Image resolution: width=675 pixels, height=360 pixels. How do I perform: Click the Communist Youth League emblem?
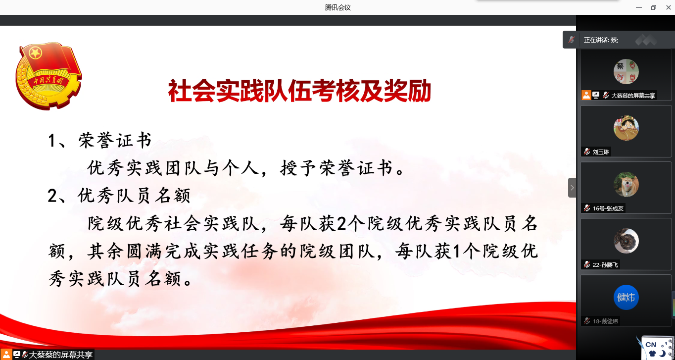pos(48,76)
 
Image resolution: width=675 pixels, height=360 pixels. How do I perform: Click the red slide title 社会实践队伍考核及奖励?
pos(299,91)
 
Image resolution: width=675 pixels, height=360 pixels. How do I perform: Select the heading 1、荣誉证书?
pos(100,140)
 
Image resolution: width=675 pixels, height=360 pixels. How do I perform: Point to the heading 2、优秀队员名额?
pos(119,196)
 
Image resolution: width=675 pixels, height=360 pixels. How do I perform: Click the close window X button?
pos(668,7)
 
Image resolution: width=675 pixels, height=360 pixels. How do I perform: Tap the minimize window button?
pos(638,7)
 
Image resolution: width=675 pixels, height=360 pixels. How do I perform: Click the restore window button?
pos(653,7)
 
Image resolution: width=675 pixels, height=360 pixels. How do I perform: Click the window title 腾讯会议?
pos(338,7)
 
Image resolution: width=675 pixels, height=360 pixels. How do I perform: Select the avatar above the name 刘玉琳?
pos(626,128)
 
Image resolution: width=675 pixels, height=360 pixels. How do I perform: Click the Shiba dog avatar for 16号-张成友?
pos(626,184)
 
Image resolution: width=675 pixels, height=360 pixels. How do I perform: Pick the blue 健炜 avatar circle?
pos(626,297)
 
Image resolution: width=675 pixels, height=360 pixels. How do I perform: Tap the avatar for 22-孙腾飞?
pos(626,241)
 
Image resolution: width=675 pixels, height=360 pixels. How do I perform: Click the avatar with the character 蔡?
pos(626,71)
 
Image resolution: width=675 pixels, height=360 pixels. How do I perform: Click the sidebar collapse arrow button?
pos(572,188)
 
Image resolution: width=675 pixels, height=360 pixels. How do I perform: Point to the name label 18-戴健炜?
pos(605,321)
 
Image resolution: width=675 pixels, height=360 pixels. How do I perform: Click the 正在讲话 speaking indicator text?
pos(601,40)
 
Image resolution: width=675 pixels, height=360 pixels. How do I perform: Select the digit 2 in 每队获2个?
pos(342,224)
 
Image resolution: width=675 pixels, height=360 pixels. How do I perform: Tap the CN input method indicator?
pos(651,345)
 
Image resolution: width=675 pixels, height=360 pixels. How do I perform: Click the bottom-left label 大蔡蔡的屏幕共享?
pos(60,355)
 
